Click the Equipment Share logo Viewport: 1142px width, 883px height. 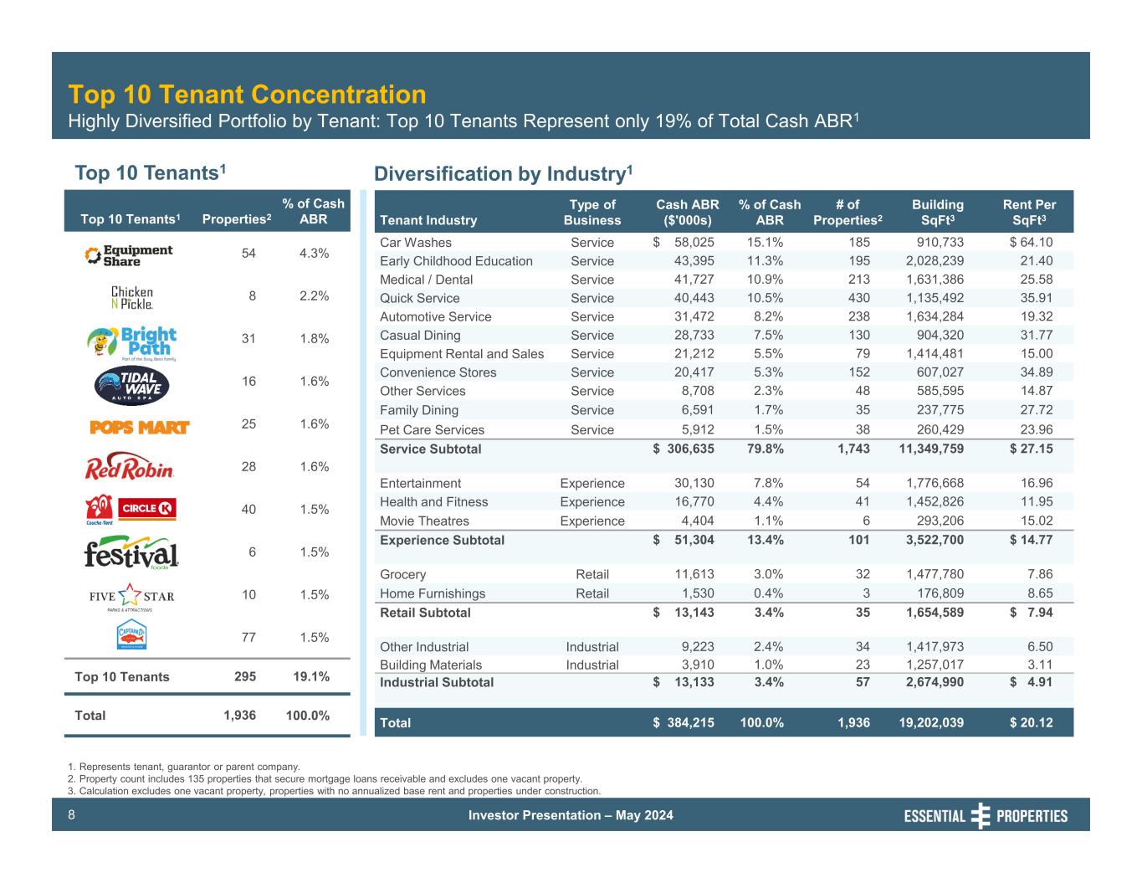pyautogui.click(x=130, y=254)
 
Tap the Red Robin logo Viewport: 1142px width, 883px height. pyautogui.click(x=130, y=467)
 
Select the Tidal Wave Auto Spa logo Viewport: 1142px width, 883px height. pyautogui.click(x=131, y=384)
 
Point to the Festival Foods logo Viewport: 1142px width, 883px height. pyautogui.click(x=131, y=552)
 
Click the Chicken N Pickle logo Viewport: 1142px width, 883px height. pyautogui.click(x=132, y=297)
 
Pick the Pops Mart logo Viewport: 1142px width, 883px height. pyautogui.click(x=140, y=427)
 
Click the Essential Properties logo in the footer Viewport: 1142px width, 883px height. pyautogui.click(x=986, y=816)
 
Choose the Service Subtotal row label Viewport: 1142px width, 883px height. pyautogui.click(x=430, y=449)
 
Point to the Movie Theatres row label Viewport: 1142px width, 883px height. pyautogui.click(x=424, y=521)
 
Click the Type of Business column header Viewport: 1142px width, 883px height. pyautogui.click(x=592, y=213)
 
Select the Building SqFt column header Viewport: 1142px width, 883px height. pyautogui.click(x=937, y=213)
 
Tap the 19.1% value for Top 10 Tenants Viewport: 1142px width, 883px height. pyautogui.click(x=312, y=676)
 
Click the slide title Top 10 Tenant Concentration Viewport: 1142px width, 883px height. pyautogui.click(x=247, y=94)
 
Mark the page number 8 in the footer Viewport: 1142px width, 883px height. pyautogui.click(x=72, y=815)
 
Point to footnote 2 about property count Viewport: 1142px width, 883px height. pyautogui.click(x=325, y=778)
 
